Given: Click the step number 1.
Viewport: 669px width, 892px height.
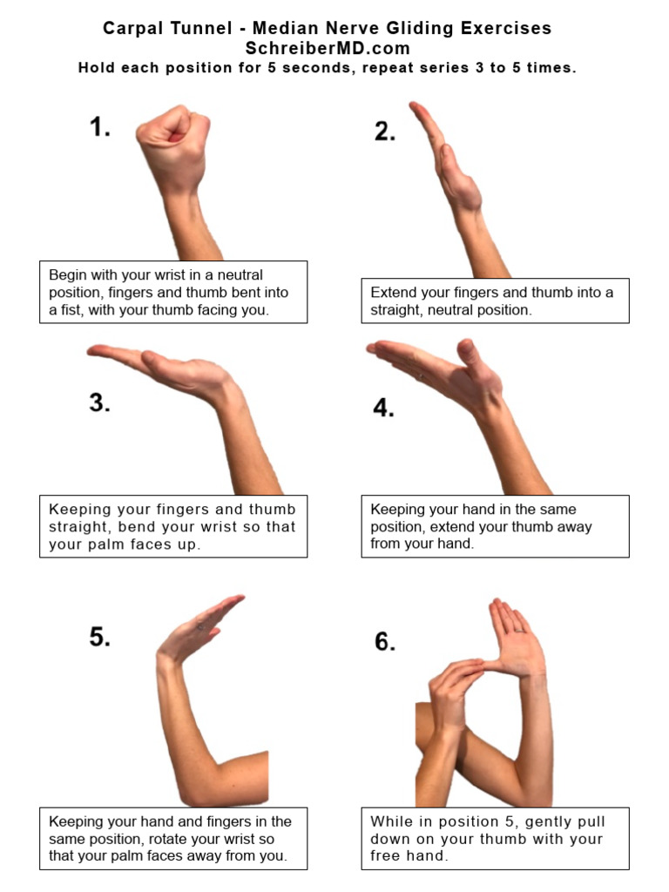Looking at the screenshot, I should pyautogui.click(x=100, y=128).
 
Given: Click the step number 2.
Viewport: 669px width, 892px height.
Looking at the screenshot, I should pyautogui.click(x=385, y=132).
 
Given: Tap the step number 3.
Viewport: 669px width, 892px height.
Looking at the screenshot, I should pyautogui.click(x=99, y=402).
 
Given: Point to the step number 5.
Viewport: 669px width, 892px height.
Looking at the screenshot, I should pyautogui.click(x=100, y=637).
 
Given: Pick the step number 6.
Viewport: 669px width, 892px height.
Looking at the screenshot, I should pyautogui.click(x=385, y=642).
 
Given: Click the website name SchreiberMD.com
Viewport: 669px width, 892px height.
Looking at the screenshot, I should pyautogui.click(x=327, y=48).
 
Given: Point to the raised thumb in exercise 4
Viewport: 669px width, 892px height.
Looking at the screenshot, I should pyautogui.click(x=467, y=353).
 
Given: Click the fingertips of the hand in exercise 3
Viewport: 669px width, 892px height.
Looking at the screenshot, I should pyautogui.click(x=93, y=351).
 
